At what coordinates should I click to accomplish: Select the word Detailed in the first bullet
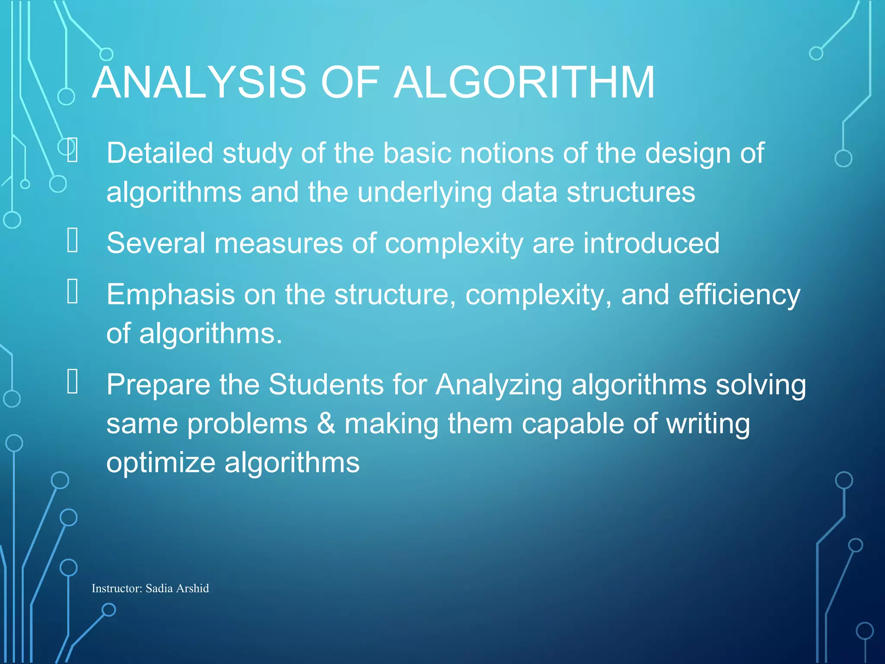coord(160,153)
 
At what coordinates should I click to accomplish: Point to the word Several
coord(156,243)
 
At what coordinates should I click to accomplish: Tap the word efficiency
coord(739,295)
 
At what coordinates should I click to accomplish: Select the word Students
coord(326,384)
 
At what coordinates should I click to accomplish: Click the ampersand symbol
coord(326,423)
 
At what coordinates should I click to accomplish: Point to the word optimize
coord(161,463)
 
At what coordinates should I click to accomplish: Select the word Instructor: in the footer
coord(117,588)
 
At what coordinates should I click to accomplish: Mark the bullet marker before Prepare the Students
coord(73,381)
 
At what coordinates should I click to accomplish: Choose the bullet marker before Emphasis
coord(73,291)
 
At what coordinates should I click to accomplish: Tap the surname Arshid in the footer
coord(192,588)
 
